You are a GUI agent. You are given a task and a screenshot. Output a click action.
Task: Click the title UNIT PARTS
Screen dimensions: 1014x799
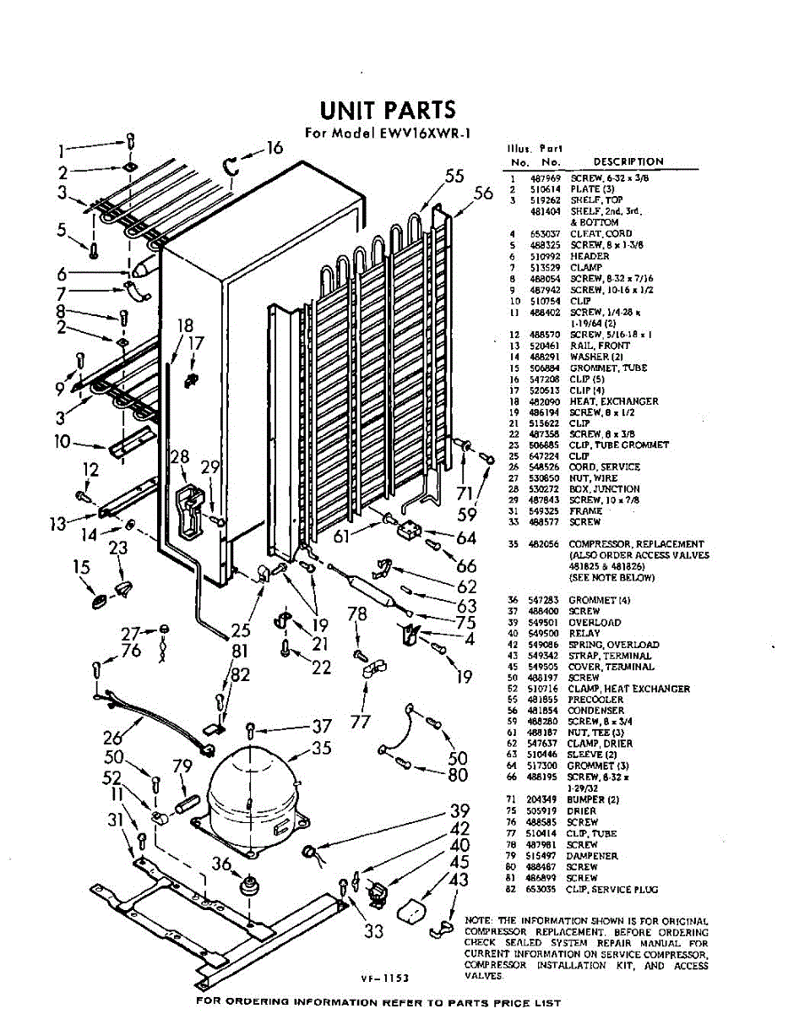point(388,110)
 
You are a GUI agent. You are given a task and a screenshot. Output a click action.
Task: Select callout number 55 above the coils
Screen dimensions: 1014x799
point(455,176)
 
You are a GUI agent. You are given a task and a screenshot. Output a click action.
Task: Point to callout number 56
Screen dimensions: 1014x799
point(483,193)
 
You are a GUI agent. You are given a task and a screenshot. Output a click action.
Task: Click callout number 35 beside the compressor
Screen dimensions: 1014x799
point(321,748)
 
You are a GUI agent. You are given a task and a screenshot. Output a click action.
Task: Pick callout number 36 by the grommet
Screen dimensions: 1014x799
point(222,864)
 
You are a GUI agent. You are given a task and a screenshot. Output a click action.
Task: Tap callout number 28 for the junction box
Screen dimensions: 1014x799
point(179,457)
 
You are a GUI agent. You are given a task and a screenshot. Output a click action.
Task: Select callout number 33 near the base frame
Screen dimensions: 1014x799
point(373,931)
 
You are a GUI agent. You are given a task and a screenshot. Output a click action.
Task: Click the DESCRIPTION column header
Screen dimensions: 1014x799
point(628,161)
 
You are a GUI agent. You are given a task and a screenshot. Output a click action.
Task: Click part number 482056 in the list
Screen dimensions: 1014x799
point(541,544)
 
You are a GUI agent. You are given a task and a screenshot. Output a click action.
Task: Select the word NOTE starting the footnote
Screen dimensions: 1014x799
point(479,920)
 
